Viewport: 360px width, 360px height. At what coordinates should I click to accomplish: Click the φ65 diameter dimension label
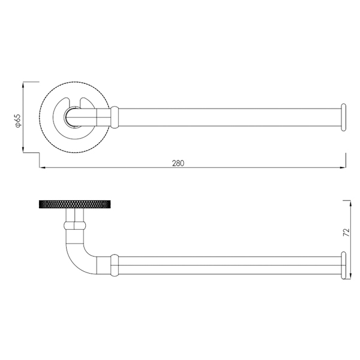[18, 121]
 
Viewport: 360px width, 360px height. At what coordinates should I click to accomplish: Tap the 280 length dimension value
[178, 163]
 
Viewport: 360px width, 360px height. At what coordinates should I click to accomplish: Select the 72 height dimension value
[346, 232]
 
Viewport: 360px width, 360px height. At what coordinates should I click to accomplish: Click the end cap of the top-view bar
[343, 118]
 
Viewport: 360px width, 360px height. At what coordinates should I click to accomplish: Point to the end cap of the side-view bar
[343, 265]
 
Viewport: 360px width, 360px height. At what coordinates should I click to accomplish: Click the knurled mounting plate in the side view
[75, 205]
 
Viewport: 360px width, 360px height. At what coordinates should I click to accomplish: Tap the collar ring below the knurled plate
[75, 226]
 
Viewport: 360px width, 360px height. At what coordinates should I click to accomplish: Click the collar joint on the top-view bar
[115, 117]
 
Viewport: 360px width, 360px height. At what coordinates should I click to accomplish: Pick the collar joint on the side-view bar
[115, 265]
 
